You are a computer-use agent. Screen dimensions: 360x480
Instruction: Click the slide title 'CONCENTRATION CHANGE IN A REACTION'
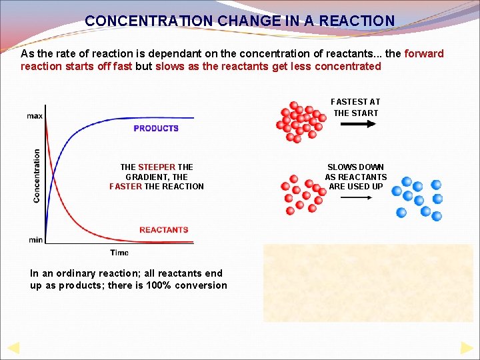[239, 21]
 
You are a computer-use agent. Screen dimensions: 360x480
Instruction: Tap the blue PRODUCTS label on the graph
[156, 128]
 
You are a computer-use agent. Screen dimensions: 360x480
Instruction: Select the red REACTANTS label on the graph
[163, 230]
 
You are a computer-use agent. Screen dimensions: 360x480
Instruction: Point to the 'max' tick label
[35, 116]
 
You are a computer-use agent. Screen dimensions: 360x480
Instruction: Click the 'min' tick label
[35, 239]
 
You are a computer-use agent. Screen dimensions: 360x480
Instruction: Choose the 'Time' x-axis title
[119, 253]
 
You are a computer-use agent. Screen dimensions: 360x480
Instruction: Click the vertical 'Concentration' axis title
[37, 175]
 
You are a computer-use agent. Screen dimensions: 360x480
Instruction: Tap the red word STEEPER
[157, 167]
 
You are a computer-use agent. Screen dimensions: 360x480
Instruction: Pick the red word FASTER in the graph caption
[125, 186]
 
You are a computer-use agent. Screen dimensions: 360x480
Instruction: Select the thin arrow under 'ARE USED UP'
[355, 198]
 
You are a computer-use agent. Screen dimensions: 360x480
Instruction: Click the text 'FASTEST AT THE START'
[355, 107]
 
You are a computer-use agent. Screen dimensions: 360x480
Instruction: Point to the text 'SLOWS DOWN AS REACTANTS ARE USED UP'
[355, 177]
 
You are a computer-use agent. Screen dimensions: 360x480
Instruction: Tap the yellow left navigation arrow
[13, 347]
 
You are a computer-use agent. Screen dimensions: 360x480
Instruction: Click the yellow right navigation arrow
[467, 347]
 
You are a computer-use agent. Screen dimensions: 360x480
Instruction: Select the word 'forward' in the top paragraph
[424, 53]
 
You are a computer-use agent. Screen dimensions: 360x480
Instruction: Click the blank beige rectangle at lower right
[368, 283]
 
